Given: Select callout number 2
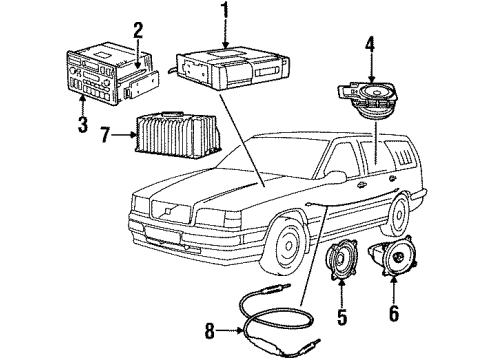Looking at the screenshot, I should [139, 30].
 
